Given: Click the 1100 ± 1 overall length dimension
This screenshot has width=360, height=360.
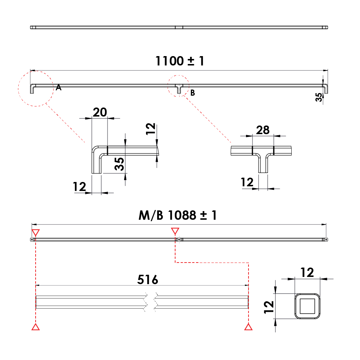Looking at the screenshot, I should point(179,61).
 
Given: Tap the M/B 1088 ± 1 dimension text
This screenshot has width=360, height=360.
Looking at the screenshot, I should point(178,215).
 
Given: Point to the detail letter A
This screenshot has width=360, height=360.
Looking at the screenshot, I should point(59,87).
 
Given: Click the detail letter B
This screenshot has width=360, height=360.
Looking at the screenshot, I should point(193,93).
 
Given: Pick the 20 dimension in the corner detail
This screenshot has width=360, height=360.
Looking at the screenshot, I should point(100,112).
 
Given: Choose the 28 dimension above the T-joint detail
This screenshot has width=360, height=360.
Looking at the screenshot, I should point(263,130).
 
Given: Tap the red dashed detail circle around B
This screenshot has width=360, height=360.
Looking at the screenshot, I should point(178,86).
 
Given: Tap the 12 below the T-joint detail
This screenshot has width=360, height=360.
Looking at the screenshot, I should point(247,182).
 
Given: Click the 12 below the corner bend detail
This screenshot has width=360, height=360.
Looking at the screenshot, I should point(79,187).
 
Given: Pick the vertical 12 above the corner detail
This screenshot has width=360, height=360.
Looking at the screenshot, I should point(151,128).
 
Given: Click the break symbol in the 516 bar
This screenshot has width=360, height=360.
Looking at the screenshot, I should point(151,302).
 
